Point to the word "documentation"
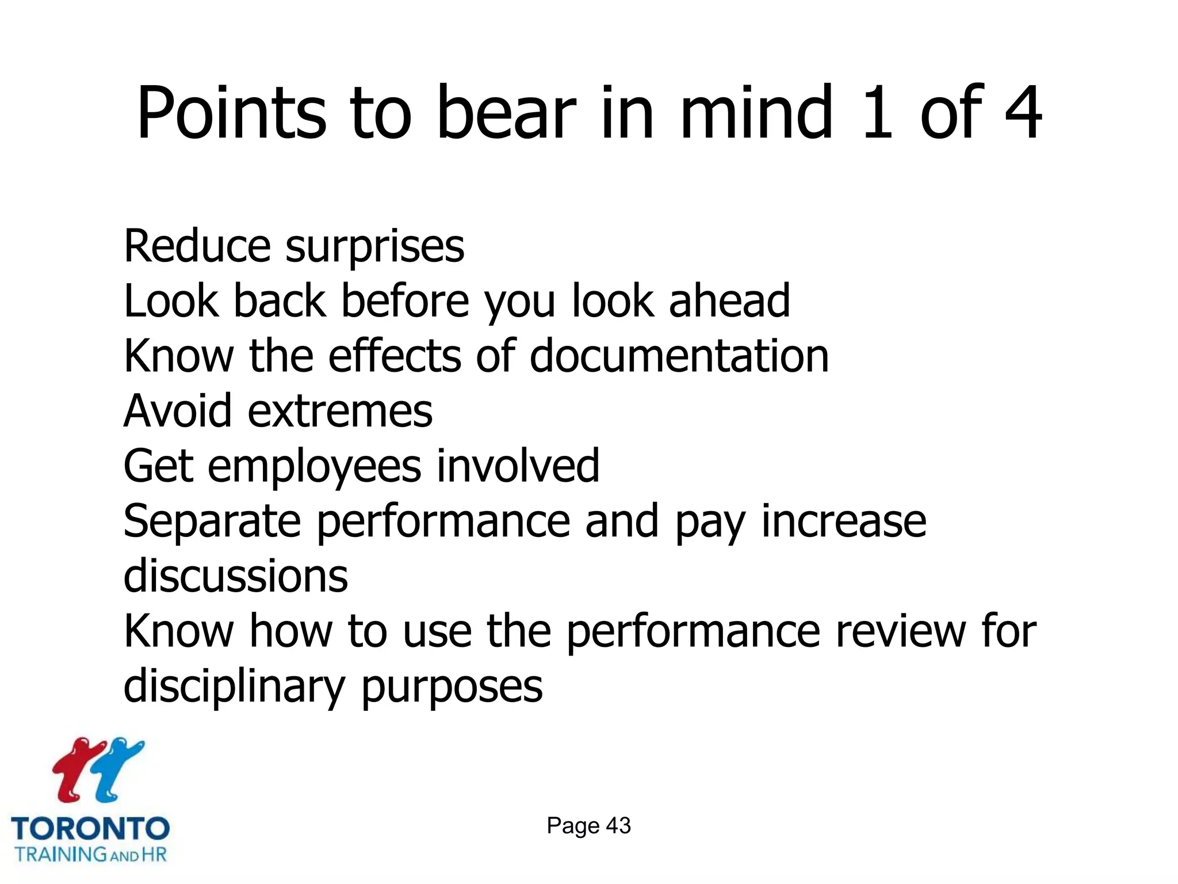(679, 356)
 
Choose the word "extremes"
(340, 411)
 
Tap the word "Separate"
(212, 521)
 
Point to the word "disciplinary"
(234, 687)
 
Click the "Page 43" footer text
(588, 826)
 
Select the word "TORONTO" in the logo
(90, 829)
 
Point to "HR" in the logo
(154, 854)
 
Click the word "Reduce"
(197, 246)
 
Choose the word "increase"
(844, 521)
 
